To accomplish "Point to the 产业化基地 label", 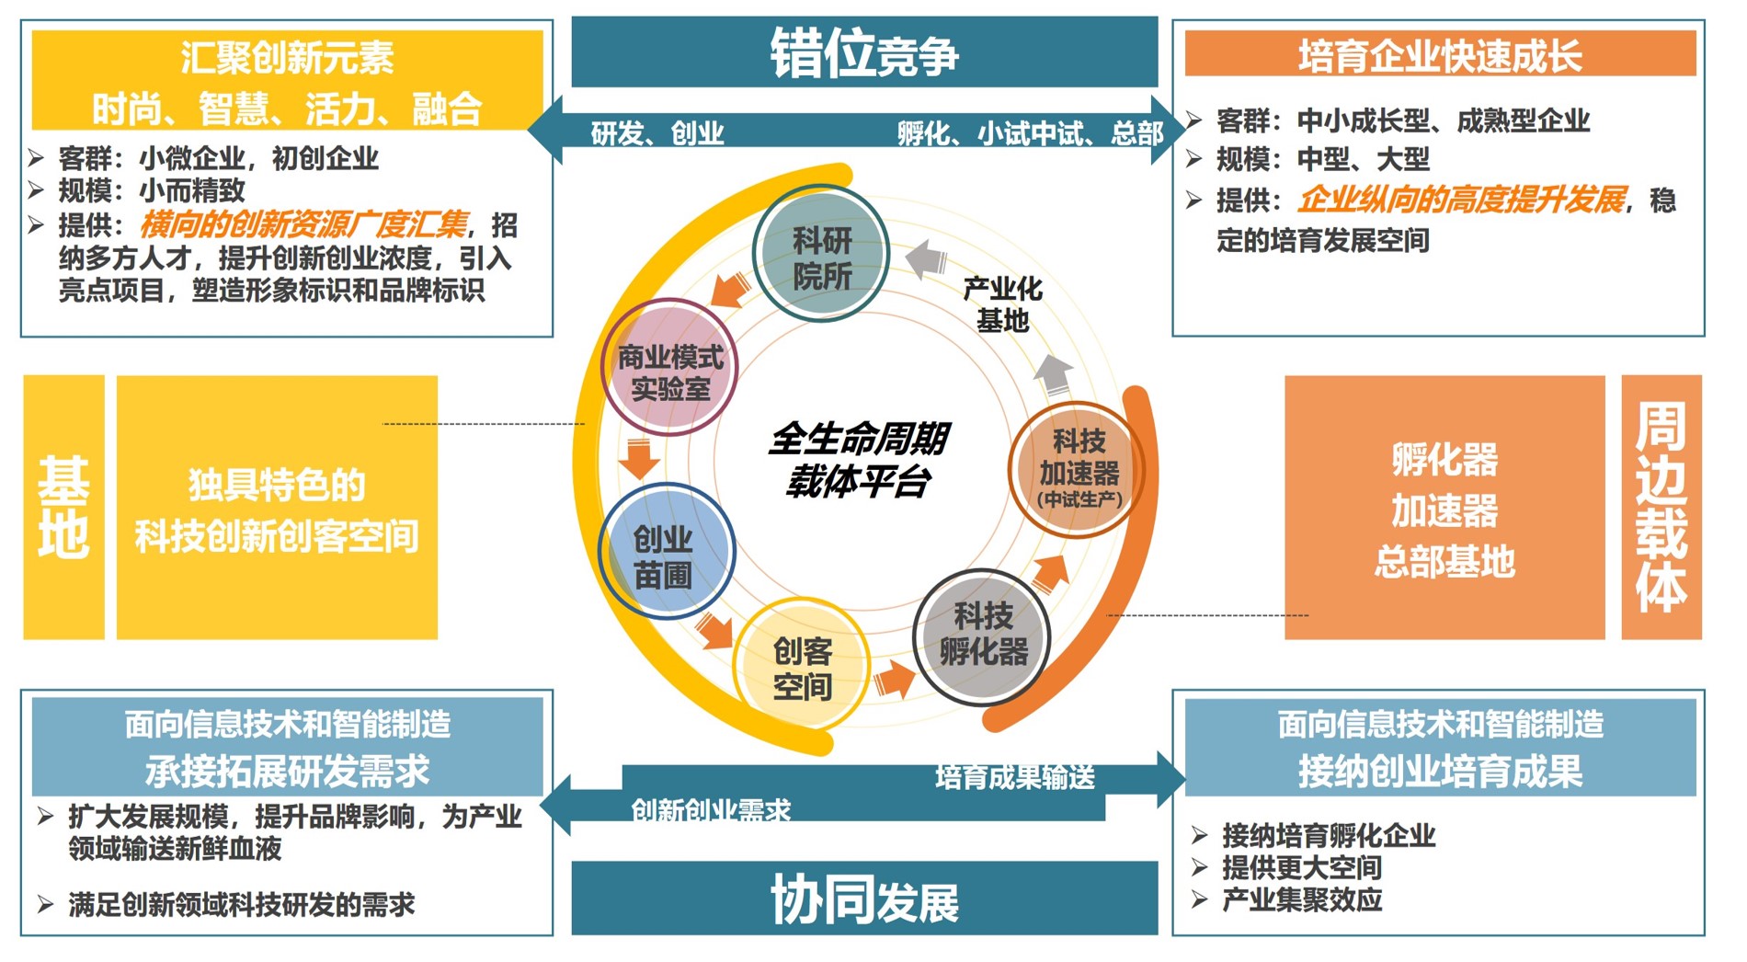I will pos(1002,304).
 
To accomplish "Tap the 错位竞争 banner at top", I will pos(864,53).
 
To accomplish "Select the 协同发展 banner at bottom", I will pos(864,899).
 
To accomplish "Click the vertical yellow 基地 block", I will pos(63,507).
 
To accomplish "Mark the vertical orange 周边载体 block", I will pos(1661,507).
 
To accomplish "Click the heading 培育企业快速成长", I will pos(1440,55).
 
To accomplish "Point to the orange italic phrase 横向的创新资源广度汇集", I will pos(303,224).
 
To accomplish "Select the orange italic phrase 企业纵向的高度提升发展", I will pos(1462,200).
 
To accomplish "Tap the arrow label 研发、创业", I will pos(657,134).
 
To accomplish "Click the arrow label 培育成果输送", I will pos(1015,778).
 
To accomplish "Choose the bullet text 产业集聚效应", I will pos(1301,900).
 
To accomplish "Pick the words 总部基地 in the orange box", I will pos(1444,561).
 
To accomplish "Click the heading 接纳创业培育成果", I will pos(1440,771).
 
